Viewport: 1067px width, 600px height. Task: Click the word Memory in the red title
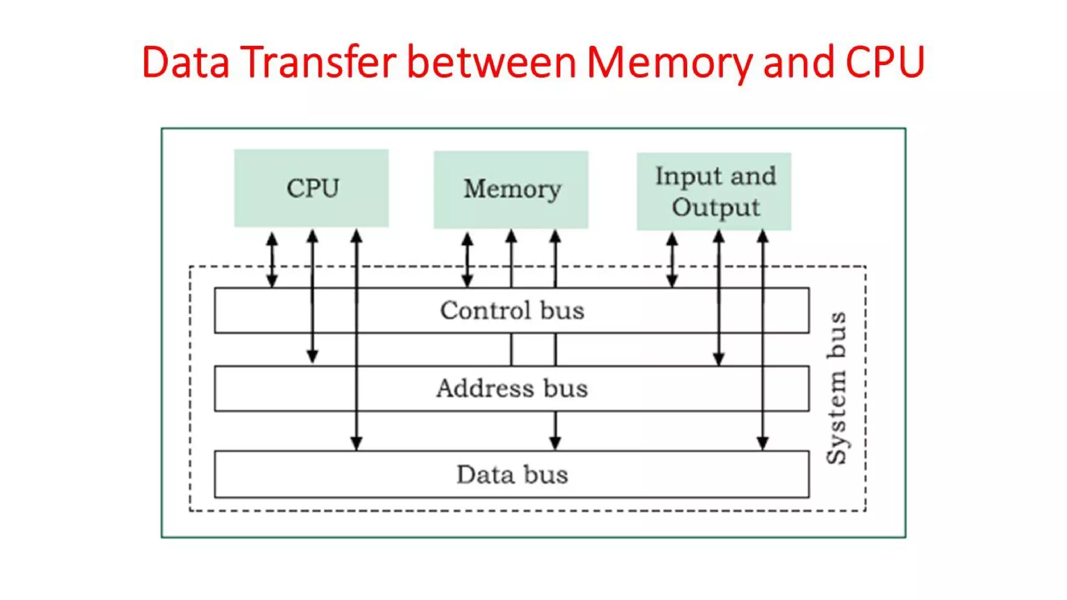pos(669,63)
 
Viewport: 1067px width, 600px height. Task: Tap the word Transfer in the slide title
pos(318,63)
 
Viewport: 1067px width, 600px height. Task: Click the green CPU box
pos(311,188)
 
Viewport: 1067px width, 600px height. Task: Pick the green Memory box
pos(511,189)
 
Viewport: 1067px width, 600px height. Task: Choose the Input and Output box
pos(714,191)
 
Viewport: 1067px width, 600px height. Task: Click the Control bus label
pos(512,310)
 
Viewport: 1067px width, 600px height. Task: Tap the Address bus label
pos(512,389)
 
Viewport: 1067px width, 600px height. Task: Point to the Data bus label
pos(512,474)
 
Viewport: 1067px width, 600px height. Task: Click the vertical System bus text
pos(837,388)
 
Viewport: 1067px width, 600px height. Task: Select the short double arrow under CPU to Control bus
pos(272,260)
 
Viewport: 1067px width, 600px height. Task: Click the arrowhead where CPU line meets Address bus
pos(312,357)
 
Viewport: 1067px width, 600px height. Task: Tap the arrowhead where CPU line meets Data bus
pos(356,443)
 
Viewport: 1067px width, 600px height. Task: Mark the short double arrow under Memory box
pos(467,260)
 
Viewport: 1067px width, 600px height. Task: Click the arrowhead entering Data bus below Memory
pos(555,443)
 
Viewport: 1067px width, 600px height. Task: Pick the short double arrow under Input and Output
pos(672,260)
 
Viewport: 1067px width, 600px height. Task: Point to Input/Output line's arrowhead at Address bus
pos(719,358)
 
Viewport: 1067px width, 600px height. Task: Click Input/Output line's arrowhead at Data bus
pos(763,443)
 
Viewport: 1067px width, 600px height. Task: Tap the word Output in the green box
pos(715,207)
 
